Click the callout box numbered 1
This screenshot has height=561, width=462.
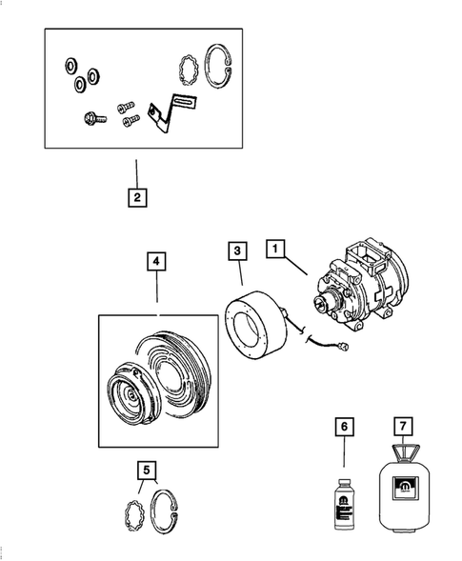coord(275,250)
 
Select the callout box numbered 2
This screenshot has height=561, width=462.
coord(137,198)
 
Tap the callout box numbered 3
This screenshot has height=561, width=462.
coord(237,251)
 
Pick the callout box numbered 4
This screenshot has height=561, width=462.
coord(156,260)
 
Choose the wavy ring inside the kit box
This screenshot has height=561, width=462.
coord(191,70)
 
